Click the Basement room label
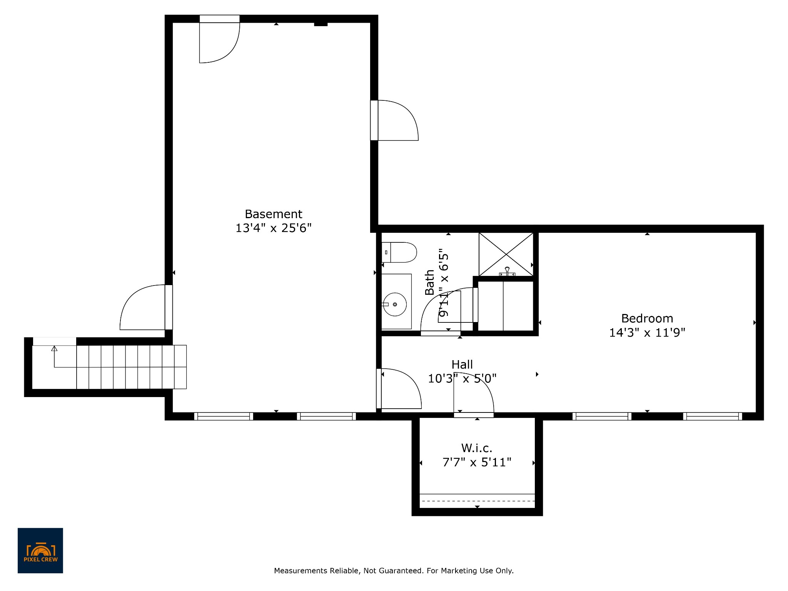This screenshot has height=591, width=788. (x=274, y=214)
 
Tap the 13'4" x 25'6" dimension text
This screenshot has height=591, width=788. (x=274, y=228)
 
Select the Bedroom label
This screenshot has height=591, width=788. (x=647, y=319)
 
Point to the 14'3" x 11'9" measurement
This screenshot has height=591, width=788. (x=647, y=332)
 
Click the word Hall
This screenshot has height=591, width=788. (x=462, y=364)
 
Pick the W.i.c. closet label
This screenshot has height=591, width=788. (x=477, y=448)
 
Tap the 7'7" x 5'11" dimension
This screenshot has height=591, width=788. (x=477, y=462)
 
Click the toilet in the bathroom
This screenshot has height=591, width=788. (x=399, y=252)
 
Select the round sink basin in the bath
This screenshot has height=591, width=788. (x=395, y=304)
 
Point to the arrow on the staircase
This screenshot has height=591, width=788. (x=54, y=357)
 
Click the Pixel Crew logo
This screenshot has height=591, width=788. (x=40, y=551)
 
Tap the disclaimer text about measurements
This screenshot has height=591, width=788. (x=394, y=571)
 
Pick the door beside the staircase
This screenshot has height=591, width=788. (x=143, y=307)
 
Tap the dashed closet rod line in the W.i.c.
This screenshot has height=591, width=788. (x=477, y=501)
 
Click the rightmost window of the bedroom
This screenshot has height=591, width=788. (x=713, y=416)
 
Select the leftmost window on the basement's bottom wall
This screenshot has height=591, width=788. (x=224, y=416)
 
